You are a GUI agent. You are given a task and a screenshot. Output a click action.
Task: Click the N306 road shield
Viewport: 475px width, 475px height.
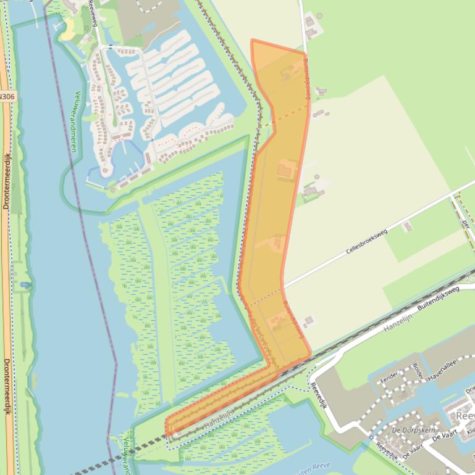(7, 96)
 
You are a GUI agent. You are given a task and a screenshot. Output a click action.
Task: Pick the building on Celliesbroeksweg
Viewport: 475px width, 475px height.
(407, 227)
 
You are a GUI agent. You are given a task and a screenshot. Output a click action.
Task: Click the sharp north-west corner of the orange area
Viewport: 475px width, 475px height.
(252, 40)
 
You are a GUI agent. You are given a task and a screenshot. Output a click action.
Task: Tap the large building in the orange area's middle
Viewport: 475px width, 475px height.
(286, 168)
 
